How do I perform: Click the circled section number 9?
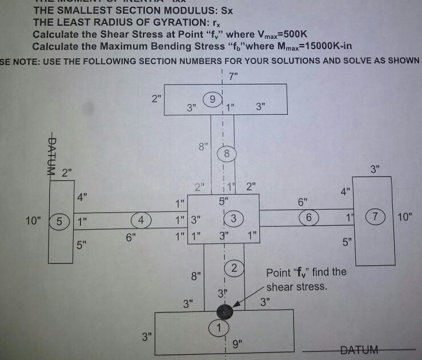(212, 99)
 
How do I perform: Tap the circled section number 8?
(227, 153)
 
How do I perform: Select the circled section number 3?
(233, 218)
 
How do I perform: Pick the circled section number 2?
(233, 268)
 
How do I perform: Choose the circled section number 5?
(59, 219)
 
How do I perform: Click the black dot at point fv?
(225, 312)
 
